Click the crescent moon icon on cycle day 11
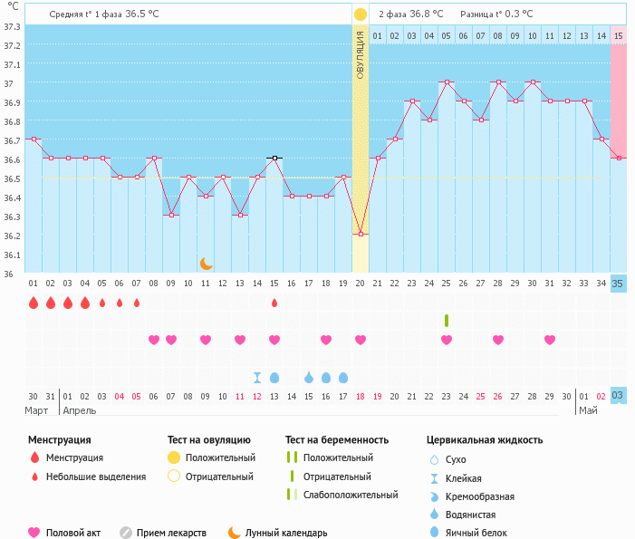pos(207,263)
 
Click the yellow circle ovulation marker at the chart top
pos(361,14)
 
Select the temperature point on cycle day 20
pos(361,234)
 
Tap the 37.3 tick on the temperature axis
pos(12,26)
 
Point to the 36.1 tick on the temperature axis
pos(12,255)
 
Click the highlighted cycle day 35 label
pos(618,284)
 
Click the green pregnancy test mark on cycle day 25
pos(447,320)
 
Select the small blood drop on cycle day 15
pos(274,303)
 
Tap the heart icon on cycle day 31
pos(550,340)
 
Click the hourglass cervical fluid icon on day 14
pos(257,377)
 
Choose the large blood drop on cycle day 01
pos(34,303)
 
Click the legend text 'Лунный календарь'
pos(286,533)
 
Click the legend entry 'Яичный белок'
pos(476,533)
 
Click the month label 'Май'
pos(588,410)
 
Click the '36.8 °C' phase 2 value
pos(424,14)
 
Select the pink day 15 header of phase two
pos(618,35)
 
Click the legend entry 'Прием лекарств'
pos(171,533)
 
